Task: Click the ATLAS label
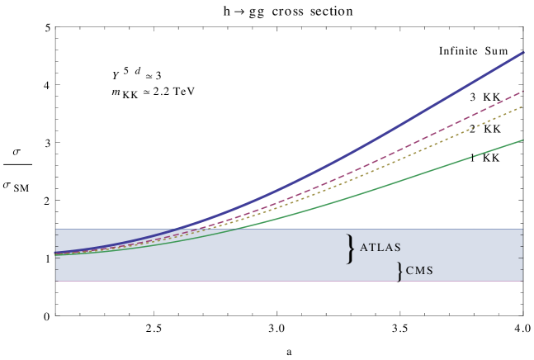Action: pos(381,247)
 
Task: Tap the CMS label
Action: pos(419,271)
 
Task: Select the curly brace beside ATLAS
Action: pos(352,248)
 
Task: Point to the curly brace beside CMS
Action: pos(400,272)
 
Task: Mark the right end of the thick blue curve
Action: pos(523,53)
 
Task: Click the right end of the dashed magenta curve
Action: pos(523,91)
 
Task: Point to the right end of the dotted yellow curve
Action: pos(523,107)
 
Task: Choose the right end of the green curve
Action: pos(523,140)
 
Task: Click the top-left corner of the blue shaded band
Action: pos(56,230)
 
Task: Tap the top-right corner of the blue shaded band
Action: pos(522,230)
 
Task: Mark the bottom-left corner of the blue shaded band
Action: pos(56,281)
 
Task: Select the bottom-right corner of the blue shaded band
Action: pos(522,281)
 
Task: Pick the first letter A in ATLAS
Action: pos(364,247)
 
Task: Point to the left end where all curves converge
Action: pos(57,253)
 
